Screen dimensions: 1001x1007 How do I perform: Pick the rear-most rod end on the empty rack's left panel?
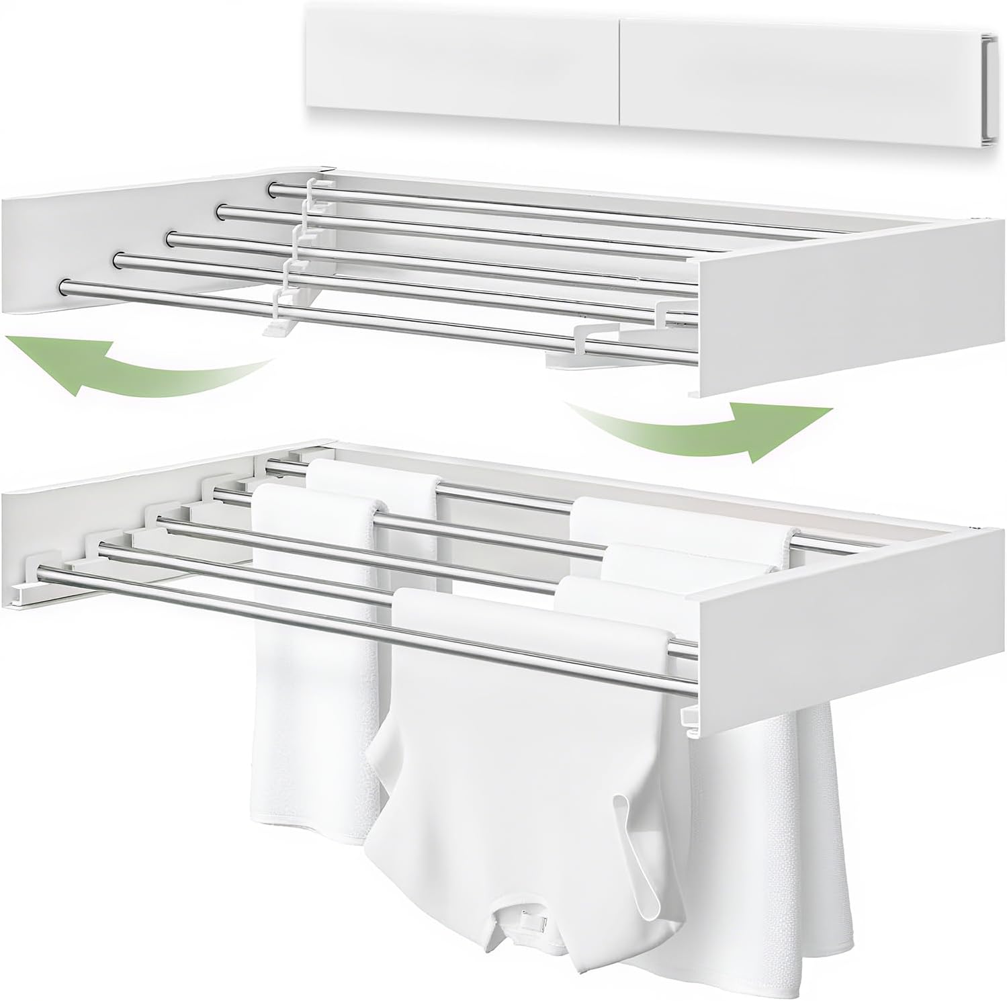tap(272, 190)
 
